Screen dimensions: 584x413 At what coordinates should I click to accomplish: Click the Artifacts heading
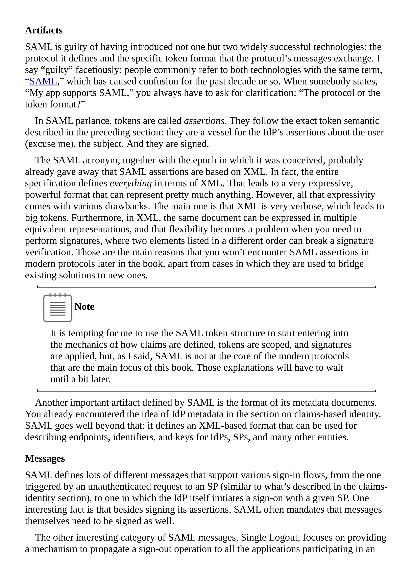44,30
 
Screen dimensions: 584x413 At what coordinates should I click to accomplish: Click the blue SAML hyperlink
43,81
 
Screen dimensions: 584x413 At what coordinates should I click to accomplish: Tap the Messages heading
45,459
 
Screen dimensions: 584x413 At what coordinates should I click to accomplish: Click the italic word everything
131,183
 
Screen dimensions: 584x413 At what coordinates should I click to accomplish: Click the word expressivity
351,195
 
